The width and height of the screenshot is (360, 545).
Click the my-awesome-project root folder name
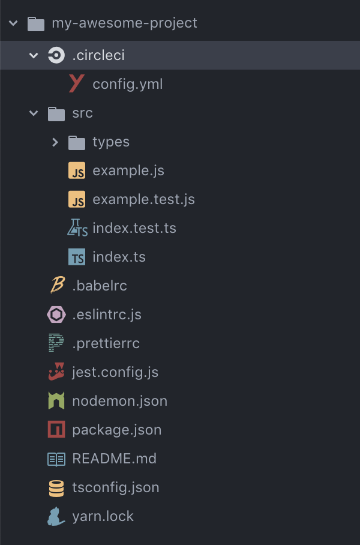click(124, 23)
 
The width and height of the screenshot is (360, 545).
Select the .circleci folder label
click(98, 56)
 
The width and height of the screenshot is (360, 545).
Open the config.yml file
click(127, 85)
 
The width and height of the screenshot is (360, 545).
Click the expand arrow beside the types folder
click(55, 142)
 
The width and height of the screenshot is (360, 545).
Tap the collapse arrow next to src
click(34, 113)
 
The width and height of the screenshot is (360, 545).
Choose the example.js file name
click(128, 171)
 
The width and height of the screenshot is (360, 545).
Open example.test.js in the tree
click(143, 200)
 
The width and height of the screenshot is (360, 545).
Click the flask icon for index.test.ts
click(77, 228)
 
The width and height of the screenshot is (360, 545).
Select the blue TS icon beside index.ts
click(77, 257)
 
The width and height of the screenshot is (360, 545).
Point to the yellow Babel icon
click(56, 286)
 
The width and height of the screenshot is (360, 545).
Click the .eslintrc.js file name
click(107, 315)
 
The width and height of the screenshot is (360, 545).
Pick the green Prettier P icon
click(56, 343)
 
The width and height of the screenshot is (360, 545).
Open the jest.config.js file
click(115, 373)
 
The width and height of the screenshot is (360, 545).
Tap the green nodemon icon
click(56, 401)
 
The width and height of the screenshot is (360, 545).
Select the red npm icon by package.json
click(56, 430)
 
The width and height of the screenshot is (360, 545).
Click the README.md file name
click(114, 459)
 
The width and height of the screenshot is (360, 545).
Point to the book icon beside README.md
click(56, 459)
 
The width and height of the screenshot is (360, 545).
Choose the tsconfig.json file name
click(116, 488)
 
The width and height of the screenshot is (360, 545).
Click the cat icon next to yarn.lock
click(56, 516)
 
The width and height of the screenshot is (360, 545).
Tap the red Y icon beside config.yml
click(76, 84)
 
